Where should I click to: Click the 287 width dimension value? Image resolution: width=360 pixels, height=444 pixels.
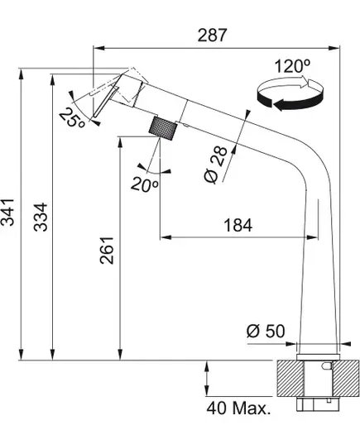213,36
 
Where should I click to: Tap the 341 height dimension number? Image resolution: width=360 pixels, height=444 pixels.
7,212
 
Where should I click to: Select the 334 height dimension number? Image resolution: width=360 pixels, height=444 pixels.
41,217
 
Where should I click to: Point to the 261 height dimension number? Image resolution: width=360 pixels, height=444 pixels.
107,251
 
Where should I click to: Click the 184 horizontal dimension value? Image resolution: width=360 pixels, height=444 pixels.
238,226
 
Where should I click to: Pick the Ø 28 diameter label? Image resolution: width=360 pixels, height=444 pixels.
216,165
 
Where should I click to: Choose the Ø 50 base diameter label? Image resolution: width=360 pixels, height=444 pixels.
266,331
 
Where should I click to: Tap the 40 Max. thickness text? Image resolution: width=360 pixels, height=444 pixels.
238,408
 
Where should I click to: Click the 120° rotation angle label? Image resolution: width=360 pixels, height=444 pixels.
292,66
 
